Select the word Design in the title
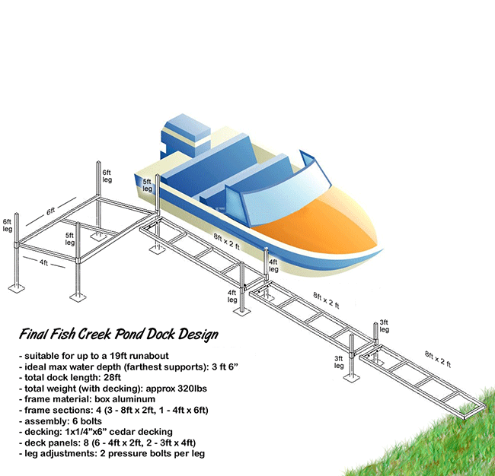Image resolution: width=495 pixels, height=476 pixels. (198, 335)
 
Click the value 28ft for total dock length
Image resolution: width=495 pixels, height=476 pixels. (112, 377)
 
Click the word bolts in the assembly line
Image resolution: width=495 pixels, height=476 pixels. (91, 421)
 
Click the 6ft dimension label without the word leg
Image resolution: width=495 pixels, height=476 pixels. (50, 211)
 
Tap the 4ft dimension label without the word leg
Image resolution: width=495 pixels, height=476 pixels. (44, 262)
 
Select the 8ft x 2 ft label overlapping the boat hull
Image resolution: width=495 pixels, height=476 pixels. (227, 241)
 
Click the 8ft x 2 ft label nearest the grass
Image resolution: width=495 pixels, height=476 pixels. (438, 359)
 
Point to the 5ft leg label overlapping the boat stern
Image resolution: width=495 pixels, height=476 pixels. (147, 186)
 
